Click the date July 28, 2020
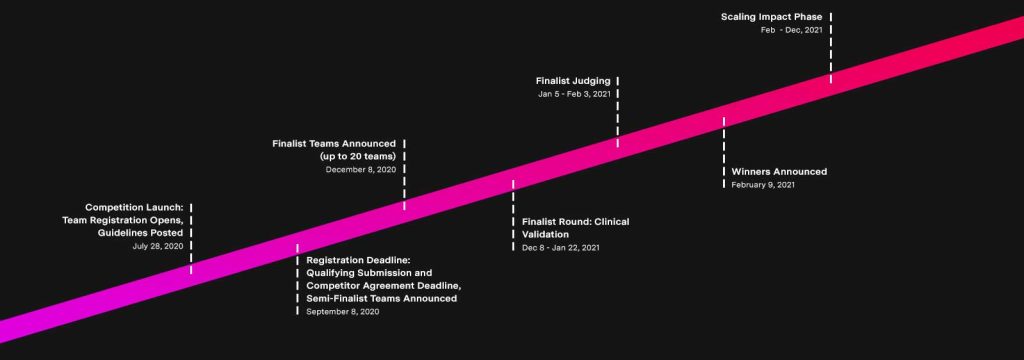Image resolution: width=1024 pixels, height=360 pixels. tap(157, 246)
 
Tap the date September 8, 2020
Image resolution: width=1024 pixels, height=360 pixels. tap(343, 312)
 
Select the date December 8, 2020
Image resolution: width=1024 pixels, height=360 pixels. tap(361, 169)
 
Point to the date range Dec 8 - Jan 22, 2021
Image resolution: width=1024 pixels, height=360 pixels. tap(561, 247)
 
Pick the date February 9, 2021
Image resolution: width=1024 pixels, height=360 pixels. tap(763, 185)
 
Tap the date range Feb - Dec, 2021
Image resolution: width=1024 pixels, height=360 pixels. tap(791, 30)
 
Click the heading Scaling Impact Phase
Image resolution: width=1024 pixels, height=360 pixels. tap(772, 16)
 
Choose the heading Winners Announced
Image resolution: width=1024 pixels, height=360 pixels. tap(779, 171)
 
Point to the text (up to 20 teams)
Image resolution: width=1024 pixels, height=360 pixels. tap(358, 156)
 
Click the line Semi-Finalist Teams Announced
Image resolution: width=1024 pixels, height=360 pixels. tap(381, 298)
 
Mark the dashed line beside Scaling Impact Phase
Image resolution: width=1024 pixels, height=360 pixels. tap(830, 45)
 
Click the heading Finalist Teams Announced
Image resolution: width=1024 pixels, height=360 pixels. tap(334, 143)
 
